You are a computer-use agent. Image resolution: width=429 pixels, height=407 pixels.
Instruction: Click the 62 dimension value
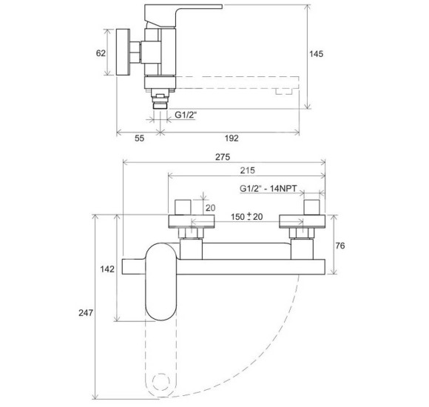(101, 53)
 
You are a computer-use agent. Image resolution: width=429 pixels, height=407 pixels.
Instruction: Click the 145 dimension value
(316, 54)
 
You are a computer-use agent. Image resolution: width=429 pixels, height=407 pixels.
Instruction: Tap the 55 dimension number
(139, 138)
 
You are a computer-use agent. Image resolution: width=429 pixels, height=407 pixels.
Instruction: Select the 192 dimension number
(232, 138)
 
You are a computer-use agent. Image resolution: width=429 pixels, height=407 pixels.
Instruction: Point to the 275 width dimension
(223, 157)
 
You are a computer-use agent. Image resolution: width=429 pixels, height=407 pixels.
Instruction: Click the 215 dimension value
(247, 170)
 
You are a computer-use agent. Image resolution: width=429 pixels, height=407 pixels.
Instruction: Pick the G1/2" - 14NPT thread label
(268, 189)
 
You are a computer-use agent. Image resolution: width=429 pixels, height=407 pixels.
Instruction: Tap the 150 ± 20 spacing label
(247, 217)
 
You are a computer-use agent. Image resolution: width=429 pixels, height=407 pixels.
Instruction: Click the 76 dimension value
(340, 246)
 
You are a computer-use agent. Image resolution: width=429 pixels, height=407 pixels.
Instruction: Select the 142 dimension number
(107, 269)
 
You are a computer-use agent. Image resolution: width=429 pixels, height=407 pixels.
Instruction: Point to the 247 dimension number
(86, 312)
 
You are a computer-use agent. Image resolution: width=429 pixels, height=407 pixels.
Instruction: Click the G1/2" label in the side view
(186, 115)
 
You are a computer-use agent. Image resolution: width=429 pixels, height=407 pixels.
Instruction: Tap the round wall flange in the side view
(123, 52)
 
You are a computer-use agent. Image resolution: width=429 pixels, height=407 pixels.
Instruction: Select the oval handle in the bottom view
(161, 281)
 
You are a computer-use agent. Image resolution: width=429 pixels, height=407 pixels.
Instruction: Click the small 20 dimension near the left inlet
(210, 208)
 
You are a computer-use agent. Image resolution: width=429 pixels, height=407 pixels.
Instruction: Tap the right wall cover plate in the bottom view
(303, 221)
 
